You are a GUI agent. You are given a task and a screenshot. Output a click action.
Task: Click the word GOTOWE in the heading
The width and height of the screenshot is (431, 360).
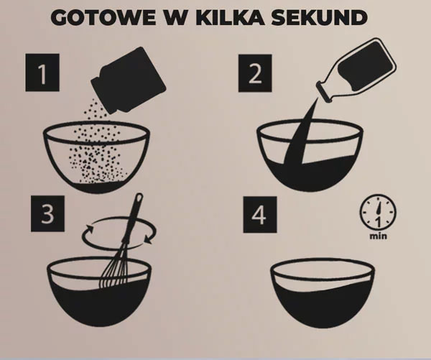pos(103,18)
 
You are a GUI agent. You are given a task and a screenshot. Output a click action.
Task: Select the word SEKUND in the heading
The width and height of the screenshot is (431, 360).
pos(320,18)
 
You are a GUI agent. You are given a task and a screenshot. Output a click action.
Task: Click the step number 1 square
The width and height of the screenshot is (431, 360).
pos(42,73)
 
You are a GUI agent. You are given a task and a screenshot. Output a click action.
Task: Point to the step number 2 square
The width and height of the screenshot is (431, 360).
pos(255,73)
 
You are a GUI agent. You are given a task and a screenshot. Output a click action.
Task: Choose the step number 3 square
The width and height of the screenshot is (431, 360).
pos(47,213)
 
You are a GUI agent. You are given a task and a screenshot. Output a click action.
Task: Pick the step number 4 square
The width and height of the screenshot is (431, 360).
pos(260,215)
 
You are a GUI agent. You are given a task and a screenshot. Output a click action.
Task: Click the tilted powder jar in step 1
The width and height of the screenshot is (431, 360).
pos(129,80)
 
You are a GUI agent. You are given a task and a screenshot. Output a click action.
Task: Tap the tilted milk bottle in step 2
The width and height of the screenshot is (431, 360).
pos(356,70)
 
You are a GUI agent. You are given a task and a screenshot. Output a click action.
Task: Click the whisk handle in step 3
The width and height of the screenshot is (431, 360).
pos(134,217)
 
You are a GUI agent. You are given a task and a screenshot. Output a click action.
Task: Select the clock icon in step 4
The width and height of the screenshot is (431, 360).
pos(378,212)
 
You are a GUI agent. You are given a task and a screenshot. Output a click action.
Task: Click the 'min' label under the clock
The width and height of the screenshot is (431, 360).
pos(379,236)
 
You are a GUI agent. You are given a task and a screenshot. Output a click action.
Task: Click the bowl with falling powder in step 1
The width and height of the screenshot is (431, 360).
pos(96,157)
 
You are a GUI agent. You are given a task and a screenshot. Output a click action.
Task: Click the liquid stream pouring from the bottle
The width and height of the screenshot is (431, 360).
pos(300,132)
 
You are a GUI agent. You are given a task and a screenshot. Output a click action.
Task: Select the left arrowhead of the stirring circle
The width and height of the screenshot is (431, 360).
pos(88,229)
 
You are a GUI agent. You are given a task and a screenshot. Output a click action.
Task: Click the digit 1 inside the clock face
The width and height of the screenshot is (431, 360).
pos(379,222)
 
